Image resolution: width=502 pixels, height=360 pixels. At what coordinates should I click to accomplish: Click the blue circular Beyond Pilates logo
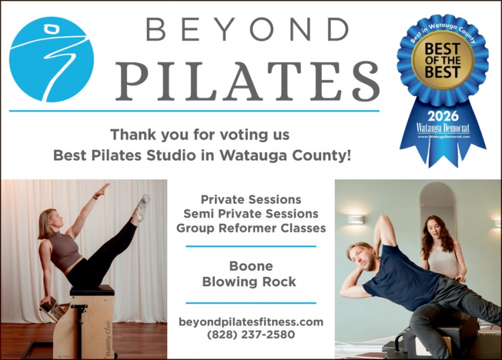tap(51, 59)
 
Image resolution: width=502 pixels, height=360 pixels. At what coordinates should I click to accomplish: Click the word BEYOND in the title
tap(247, 30)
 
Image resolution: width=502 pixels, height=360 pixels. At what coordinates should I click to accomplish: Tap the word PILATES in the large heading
tap(247, 80)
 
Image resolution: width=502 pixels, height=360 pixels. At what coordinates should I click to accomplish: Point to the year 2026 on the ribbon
tap(443, 115)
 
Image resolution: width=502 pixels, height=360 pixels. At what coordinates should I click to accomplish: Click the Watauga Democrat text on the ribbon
tap(443, 128)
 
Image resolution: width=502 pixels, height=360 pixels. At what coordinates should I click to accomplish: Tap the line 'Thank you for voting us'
tap(200, 135)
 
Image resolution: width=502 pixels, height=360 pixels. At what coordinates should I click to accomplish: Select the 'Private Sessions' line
tap(251, 200)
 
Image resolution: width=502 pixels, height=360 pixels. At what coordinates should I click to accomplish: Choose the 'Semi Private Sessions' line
tap(251, 213)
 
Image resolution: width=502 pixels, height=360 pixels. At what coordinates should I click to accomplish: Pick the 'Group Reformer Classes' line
tap(251, 228)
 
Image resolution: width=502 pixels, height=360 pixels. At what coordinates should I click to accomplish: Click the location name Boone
tap(251, 266)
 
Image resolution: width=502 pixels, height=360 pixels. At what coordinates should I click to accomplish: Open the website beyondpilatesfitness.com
tap(251, 322)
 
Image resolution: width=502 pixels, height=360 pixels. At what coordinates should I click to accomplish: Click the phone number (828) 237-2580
tap(251, 335)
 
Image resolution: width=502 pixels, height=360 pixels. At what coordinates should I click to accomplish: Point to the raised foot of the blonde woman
tap(142, 204)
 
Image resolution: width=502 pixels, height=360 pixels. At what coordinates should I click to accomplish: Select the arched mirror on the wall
tap(437, 204)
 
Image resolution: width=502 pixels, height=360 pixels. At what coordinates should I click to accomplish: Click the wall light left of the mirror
tap(356, 219)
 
